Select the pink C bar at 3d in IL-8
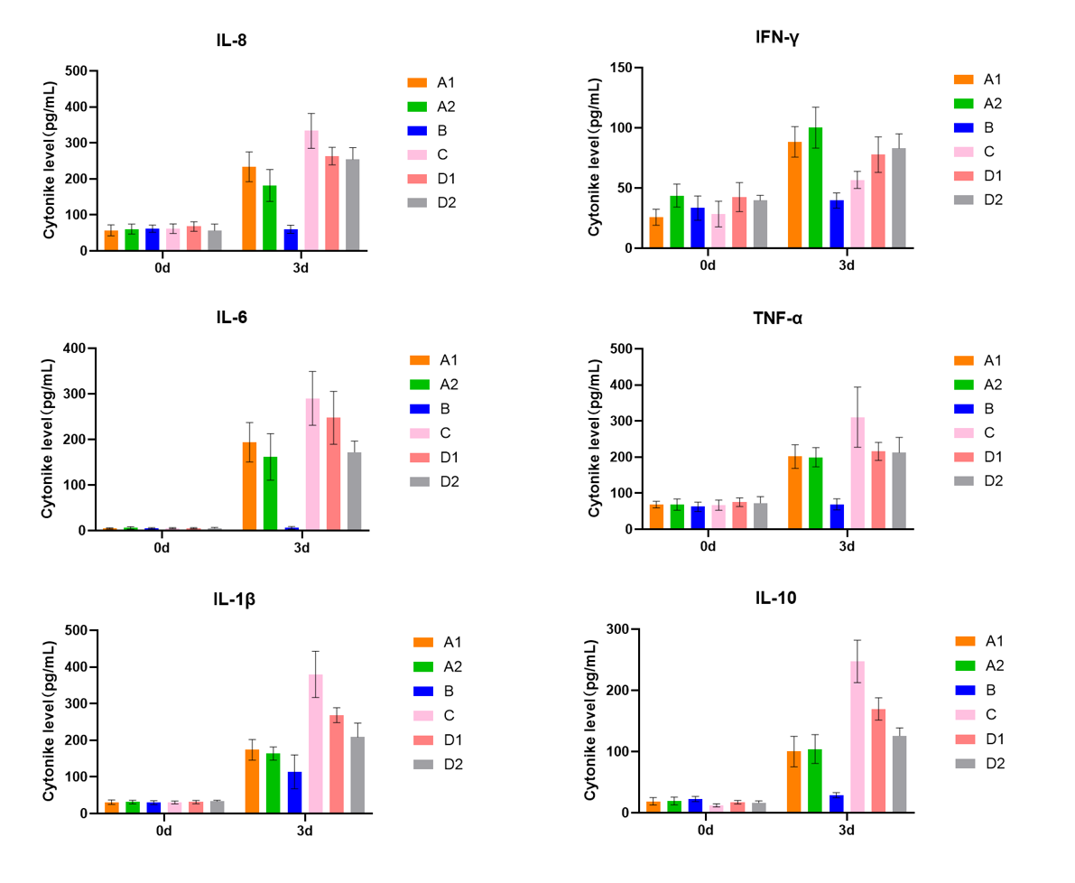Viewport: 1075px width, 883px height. coord(311,191)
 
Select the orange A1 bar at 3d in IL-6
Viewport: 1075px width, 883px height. coord(249,487)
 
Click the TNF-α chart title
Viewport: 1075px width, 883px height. coord(777,318)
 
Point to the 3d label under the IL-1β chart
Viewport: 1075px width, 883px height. coord(304,831)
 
